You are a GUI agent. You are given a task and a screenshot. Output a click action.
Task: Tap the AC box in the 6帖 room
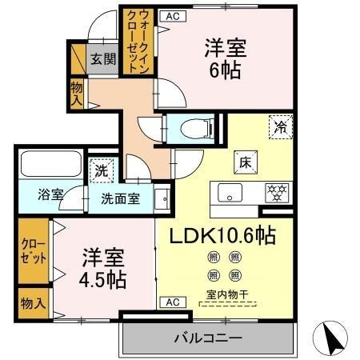171,14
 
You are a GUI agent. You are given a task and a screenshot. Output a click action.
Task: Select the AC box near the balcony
171,302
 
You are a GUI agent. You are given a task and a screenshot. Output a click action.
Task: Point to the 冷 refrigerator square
281,125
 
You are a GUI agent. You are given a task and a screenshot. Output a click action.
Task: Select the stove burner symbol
277,192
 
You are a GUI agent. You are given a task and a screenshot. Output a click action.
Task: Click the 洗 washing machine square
101,170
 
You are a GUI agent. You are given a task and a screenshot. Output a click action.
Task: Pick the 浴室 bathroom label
50,194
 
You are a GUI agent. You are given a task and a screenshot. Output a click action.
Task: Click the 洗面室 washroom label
120,198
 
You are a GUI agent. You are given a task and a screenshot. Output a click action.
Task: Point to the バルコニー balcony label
208,339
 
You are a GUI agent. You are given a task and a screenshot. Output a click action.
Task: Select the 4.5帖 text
103,281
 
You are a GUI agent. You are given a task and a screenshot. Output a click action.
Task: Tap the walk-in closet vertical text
133,40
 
